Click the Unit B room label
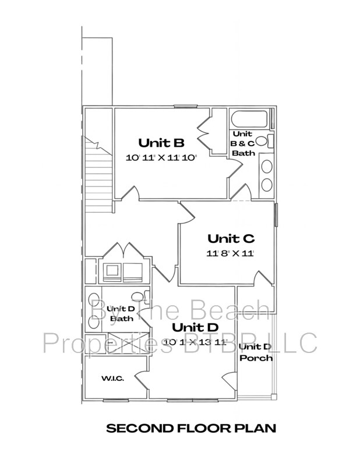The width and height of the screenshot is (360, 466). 161,142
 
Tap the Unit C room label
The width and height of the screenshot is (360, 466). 231,238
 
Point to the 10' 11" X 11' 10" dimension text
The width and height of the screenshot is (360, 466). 161,157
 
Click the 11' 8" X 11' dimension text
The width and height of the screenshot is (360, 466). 231,253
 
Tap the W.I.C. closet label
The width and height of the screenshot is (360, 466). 112,379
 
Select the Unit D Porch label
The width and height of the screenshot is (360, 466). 256,352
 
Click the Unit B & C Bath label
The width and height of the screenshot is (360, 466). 243,143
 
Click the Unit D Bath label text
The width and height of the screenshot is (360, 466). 121,314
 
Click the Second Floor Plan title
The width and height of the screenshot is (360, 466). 190,429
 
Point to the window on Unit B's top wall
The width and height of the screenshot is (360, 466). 185,106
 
